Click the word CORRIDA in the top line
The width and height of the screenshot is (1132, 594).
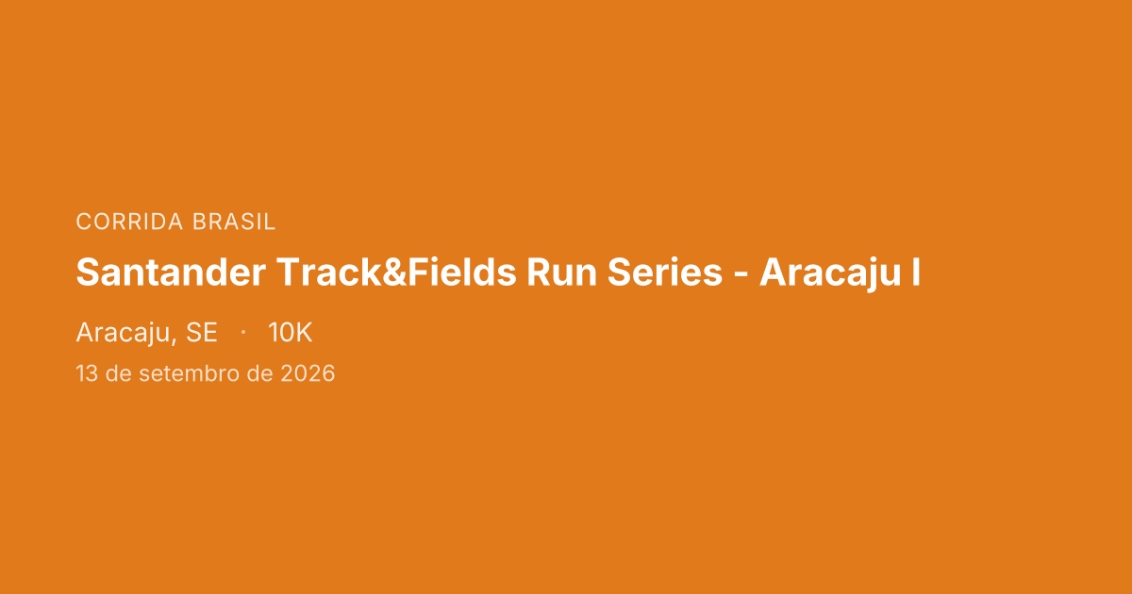130,223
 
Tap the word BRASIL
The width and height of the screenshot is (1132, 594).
234,223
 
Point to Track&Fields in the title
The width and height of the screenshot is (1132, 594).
396,273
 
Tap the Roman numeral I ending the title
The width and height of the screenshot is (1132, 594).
916,273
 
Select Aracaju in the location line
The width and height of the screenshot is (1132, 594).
124,333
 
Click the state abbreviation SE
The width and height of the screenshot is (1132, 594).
201,333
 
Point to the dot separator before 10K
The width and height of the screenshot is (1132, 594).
243,332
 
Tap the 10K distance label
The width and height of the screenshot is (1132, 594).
290,333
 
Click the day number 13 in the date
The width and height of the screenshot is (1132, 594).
87,374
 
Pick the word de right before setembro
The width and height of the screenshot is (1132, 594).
119,374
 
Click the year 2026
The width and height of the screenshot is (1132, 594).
308,374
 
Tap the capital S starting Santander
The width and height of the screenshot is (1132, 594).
87,273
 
